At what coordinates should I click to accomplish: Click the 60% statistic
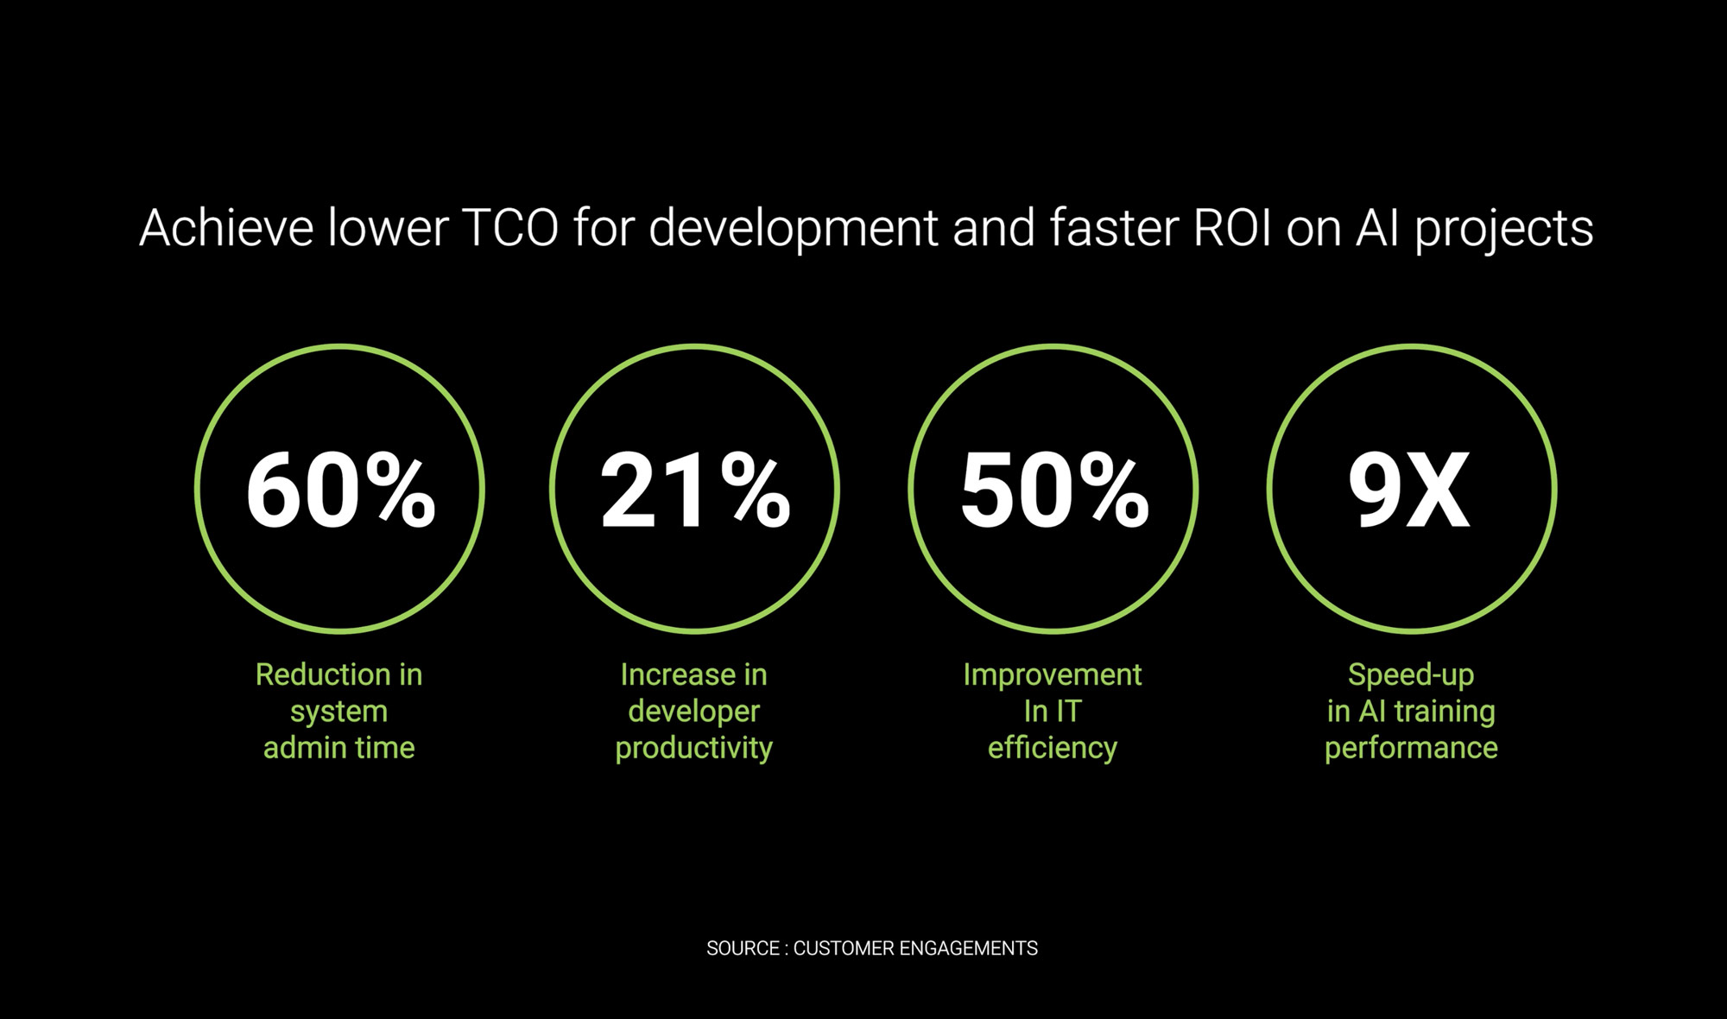coord(341,490)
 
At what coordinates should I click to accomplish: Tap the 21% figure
coord(695,490)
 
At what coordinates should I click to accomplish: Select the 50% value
coord(1054,490)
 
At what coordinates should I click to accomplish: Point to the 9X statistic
coord(1409,490)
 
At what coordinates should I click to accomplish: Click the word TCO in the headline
coord(510,228)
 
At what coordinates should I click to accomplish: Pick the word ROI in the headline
coord(1232,228)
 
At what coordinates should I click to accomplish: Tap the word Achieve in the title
coord(226,228)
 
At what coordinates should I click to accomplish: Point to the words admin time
coord(339,747)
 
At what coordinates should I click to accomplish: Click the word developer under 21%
coord(694,712)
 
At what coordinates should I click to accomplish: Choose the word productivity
coord(694,749)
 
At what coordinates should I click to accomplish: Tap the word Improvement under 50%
coord(1053,675)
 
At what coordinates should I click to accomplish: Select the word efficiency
coord(1053,748)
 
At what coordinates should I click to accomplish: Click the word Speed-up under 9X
coord(1411,675)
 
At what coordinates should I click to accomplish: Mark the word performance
coord(1411,749)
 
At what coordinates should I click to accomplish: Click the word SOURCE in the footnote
coord(743,948)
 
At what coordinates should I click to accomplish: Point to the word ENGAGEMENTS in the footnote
coord(968,948)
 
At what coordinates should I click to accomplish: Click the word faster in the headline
coord(1114,228)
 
